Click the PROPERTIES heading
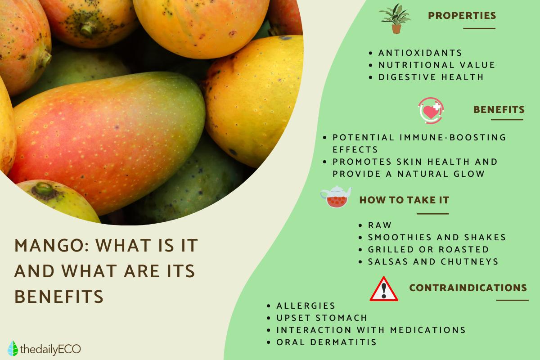(x=462, y=16)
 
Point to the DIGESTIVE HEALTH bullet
(x=431, y=77)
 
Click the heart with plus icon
(x=431, y=110)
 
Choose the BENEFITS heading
(x=499, y=110)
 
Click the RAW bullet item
(x=379, y=225)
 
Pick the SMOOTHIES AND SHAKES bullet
(x=436, y=237)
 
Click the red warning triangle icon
(x=383, y=289)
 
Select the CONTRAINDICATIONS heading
(x=468, y=288)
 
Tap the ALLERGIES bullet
(x=306, y=306)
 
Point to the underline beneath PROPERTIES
(x=479, y=28)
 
